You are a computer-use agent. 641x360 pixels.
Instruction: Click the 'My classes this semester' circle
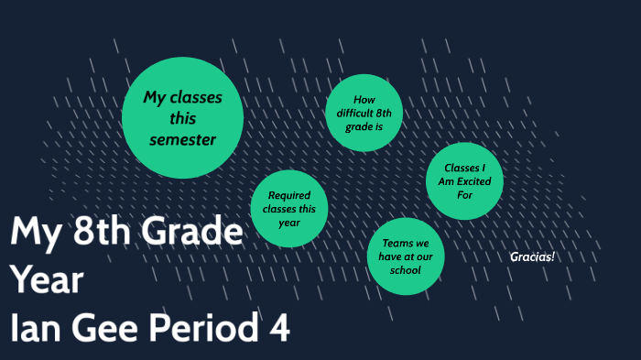click(182, 117)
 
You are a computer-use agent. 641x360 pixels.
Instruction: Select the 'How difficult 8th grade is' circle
click(364, 113)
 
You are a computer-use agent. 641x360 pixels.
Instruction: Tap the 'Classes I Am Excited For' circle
click(465, 180)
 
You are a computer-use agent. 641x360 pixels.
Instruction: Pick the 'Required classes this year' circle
click(289, 208)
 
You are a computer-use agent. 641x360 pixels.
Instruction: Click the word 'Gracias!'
click(532, 256)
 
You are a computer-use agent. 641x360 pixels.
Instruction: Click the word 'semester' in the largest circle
click(183, 140)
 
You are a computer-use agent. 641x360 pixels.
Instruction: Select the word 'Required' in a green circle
click(289, 195)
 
